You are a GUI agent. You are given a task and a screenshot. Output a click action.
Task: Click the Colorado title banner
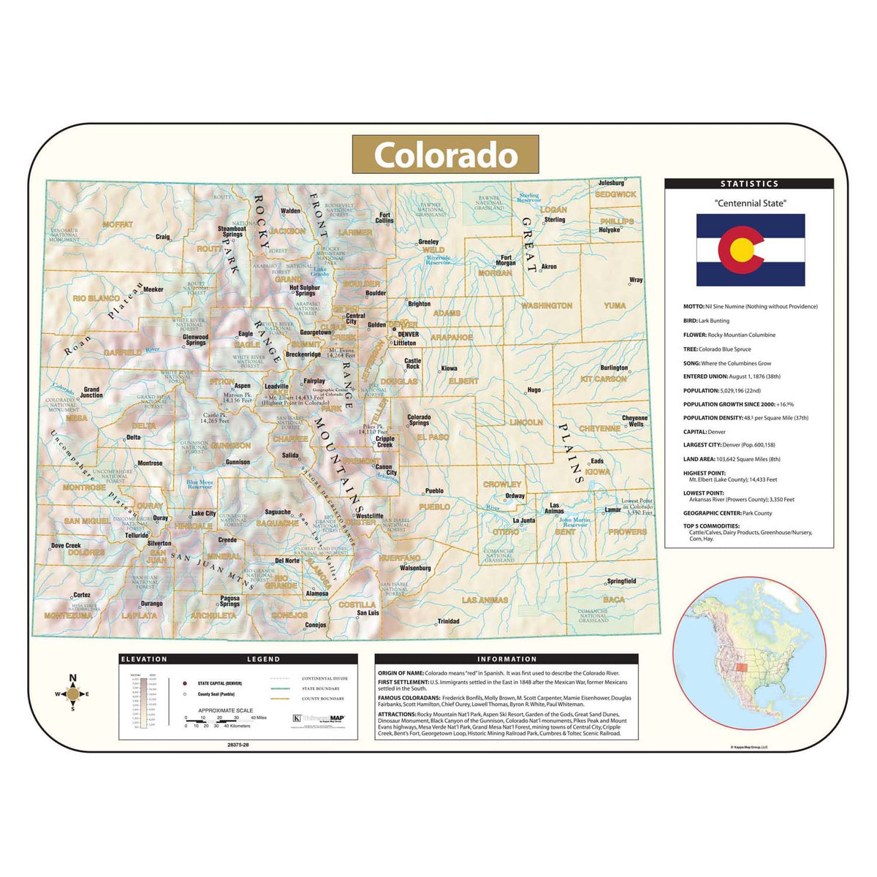(445, 155)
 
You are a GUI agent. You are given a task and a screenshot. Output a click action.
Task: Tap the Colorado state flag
(750, 250)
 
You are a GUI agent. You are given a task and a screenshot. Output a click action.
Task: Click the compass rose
(72, 694)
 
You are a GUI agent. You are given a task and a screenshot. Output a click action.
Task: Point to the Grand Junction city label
(91, 392)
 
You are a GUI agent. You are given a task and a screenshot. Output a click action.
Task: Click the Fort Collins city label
(384, 218)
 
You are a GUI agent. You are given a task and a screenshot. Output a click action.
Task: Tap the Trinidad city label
(449, 621)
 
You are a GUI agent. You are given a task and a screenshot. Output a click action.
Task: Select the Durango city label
(151, 604)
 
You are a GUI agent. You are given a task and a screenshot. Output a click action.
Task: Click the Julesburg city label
(611, 183)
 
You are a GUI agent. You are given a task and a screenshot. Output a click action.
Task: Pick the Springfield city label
(621, 581)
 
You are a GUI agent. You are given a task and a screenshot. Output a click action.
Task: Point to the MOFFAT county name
(118, 224)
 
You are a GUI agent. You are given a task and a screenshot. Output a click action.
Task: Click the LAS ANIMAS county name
(485, 600)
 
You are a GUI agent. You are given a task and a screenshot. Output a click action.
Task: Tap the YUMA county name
(615, 305)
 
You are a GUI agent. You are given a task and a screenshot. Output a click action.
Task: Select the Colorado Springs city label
(419, 420)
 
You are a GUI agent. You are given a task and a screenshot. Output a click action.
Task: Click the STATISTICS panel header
(749, 184)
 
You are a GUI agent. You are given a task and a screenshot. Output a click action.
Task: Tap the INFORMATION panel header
(506, 658)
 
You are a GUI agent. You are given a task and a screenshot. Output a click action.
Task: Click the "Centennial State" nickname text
(750, 203)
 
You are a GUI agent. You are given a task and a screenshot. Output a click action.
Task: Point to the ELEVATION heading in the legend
(144, 658)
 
